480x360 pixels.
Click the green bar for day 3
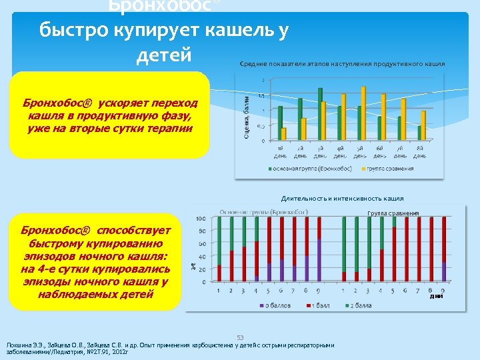pyautogui.click(x=320, y=114)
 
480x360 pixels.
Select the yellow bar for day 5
pyautogui.click(x=363, y=113)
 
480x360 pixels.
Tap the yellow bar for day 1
pyautogui.click(x=284, y=134)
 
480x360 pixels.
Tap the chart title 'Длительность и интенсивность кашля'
pyautogui.click(x=342, y=198)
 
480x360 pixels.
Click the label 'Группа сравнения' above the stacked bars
pyautogui.click(x=393, y=213)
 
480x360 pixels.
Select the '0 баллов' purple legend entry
pyautogui.click(x=274, y=305)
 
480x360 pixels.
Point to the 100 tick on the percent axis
pyautogui.click(x=199, y=219)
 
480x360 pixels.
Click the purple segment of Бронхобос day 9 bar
pyautogui.click(x=319, y=261)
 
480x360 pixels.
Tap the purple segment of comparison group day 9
pyautogui.click(x=444, y=271)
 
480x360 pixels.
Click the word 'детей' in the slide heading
pyautogui.click(x=163, y=55)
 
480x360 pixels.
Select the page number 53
pyautogui.click(x=241, y=337)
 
